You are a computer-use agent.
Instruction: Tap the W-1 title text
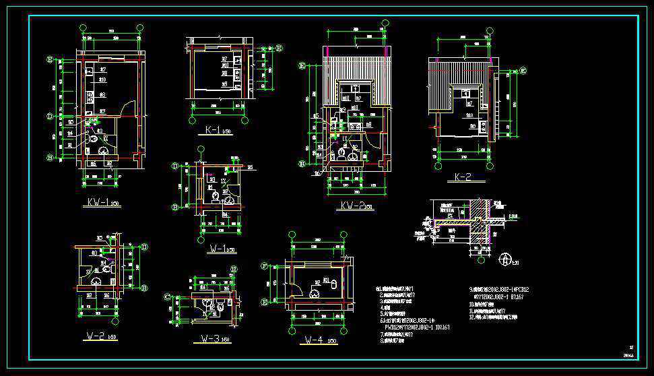(x=218, y=249)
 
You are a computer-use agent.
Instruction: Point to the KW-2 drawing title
(x=352, y=206)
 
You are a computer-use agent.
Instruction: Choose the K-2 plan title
(x=463, y=178)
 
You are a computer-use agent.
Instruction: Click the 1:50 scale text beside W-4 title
(x=332, y=342)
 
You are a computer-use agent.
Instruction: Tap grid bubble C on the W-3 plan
(x=168, y=296)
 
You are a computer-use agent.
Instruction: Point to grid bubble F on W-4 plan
(x=263, y=265)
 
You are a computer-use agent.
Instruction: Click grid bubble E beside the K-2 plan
(x=523, y=70)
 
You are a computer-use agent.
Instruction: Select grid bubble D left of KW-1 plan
(x=49, y=116)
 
